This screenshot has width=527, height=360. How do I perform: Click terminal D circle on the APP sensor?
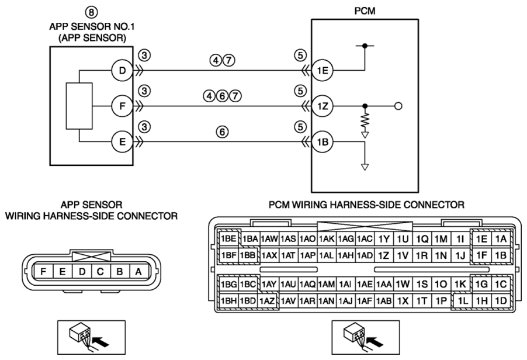(122, 71)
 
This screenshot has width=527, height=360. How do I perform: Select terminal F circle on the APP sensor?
(122, 106)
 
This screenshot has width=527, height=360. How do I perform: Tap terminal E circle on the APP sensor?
(122, 142)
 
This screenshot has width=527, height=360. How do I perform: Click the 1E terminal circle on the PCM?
(323, 71)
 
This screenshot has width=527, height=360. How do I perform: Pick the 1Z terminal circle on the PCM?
(323, 106)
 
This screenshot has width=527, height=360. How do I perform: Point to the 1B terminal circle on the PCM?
(323, 142)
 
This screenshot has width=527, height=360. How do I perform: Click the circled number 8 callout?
(91, 12)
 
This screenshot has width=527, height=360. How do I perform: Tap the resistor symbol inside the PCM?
(365, 122)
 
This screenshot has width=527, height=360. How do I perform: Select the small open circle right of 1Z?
(398, 106)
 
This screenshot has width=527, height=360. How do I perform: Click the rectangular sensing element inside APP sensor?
(79, 106)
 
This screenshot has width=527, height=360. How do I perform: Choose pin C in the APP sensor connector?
(100, 271)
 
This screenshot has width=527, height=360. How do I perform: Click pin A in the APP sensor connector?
(138, 271)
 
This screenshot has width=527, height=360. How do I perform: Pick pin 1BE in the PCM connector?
(228, 238)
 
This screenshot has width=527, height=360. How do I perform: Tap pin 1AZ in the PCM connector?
(268, 301)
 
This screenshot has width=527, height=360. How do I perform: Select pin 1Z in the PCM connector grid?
(383, 255)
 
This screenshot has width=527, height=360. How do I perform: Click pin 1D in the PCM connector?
(501, 301)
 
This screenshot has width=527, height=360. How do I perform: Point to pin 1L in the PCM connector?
(463, 301)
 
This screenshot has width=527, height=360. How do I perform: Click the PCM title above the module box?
(365, 11)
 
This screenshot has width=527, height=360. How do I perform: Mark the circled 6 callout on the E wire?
(222, 132)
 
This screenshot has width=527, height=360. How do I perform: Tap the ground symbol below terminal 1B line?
(365, 167)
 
